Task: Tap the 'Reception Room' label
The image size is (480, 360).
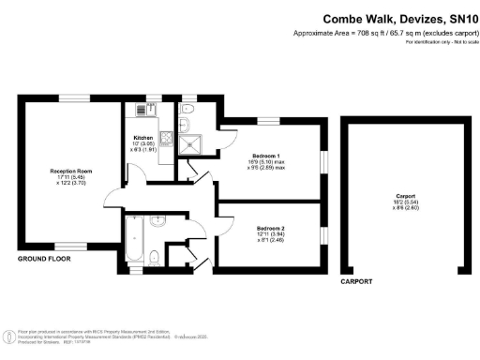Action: click(x=69, y=171)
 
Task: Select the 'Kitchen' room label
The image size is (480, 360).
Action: click(x=142, y=138)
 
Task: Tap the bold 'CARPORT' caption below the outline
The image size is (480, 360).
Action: click(x=356, y=281)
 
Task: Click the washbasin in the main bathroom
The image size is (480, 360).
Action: click(x=157, y=221)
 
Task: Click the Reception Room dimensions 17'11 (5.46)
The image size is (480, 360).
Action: click(x=69, y=178)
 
